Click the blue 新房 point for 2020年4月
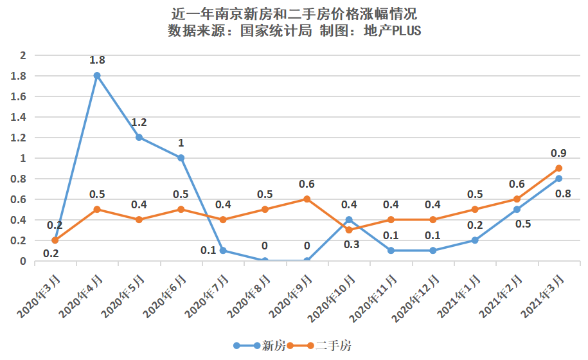tap(97, 75)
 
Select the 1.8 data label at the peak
tap(98, 60)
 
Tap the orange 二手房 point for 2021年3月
tap(559, 168)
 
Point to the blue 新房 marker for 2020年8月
tap(265, 260)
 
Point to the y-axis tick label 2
tap(22, 55)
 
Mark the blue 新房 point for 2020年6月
tap(181, 157)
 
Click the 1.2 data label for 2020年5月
tap(139, 123)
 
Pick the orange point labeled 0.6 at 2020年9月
tap(307, 199)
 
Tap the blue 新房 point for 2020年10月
tap(349, 219)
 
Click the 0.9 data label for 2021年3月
tap(558, 153)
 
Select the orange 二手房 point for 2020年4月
tap(97, 209)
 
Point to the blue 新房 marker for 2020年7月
tap(223, 250)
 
